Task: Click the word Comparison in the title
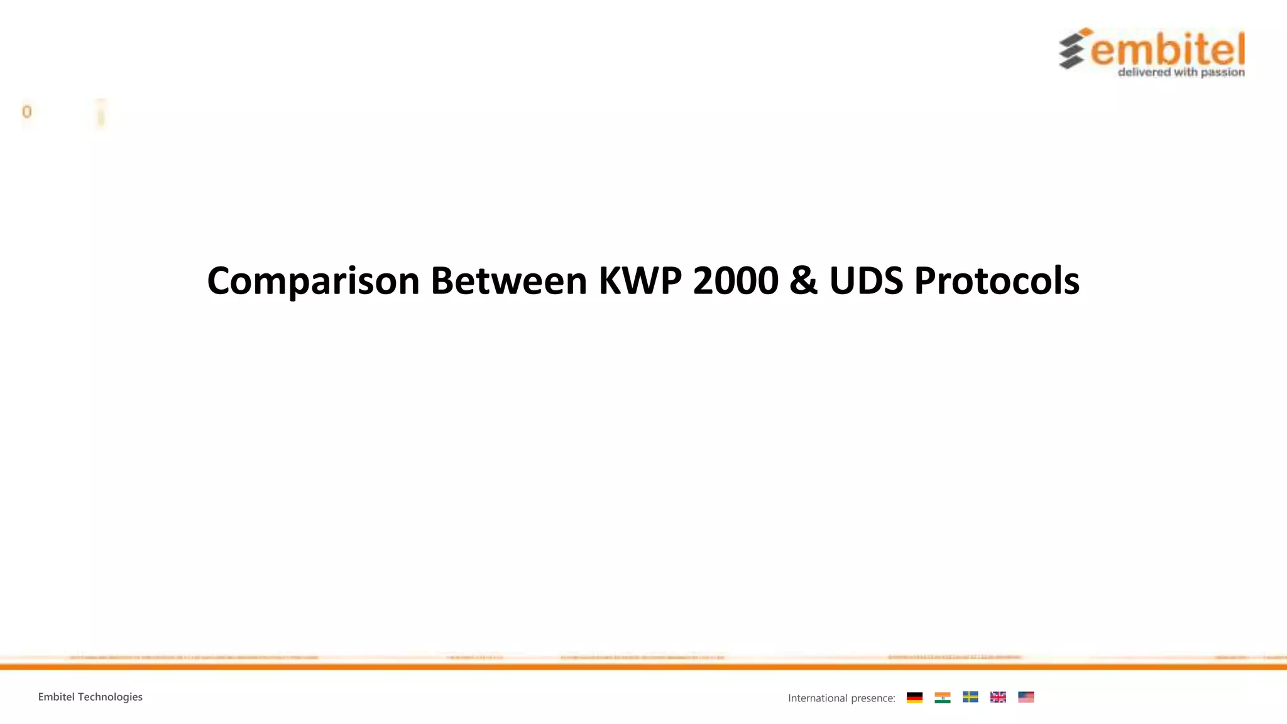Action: click(x=313, y=281)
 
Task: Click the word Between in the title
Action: click(x=508, y=281)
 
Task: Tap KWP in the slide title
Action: click(x=640, y=281)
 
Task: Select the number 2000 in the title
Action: click(x=735, y=281)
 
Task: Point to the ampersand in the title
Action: click(x=803, y=281)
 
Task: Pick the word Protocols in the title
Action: click(x=997, y=281)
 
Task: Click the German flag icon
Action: click(x=914, y=697)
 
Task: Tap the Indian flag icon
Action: click(x=942, y=697)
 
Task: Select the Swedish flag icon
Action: click(x=970, y=697)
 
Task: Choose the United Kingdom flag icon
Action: click(x=998, y=697)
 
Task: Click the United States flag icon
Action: click(x=1026, y=697)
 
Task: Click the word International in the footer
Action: click(x=818, y=698)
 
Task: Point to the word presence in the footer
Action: click(x=873, y=698)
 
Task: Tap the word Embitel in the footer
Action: click(x=56, y=697)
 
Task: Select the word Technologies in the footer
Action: click(x=110, y=697)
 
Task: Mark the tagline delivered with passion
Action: click(x=1181, y=72)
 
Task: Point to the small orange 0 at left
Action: click(x=26, y=112)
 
